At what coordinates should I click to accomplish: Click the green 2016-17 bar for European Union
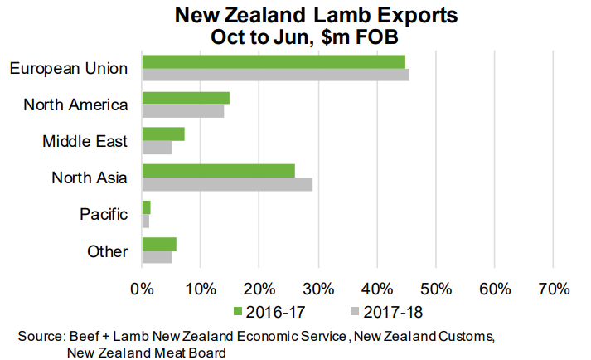coord(274,61)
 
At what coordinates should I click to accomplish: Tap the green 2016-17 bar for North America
coord(186,98)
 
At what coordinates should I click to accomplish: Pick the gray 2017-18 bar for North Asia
coord(227,184)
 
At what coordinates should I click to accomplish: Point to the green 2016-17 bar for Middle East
coord(163,134)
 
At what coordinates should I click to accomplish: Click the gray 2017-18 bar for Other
coord(157,257)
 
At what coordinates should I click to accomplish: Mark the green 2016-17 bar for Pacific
coord(147,207)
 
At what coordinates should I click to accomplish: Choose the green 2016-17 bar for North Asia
coord(219,171)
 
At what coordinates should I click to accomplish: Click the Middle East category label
coord(85,141)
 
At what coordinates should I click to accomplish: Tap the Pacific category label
coord(104,214)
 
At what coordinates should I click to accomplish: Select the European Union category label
coord(69,68)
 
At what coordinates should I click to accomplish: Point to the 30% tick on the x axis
coord(318,289)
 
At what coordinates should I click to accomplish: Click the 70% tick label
coord(553,289)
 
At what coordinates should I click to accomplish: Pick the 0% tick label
coord(142,289)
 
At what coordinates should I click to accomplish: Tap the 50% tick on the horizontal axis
coord(435,289)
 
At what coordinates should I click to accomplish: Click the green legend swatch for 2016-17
coord(238,313)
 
